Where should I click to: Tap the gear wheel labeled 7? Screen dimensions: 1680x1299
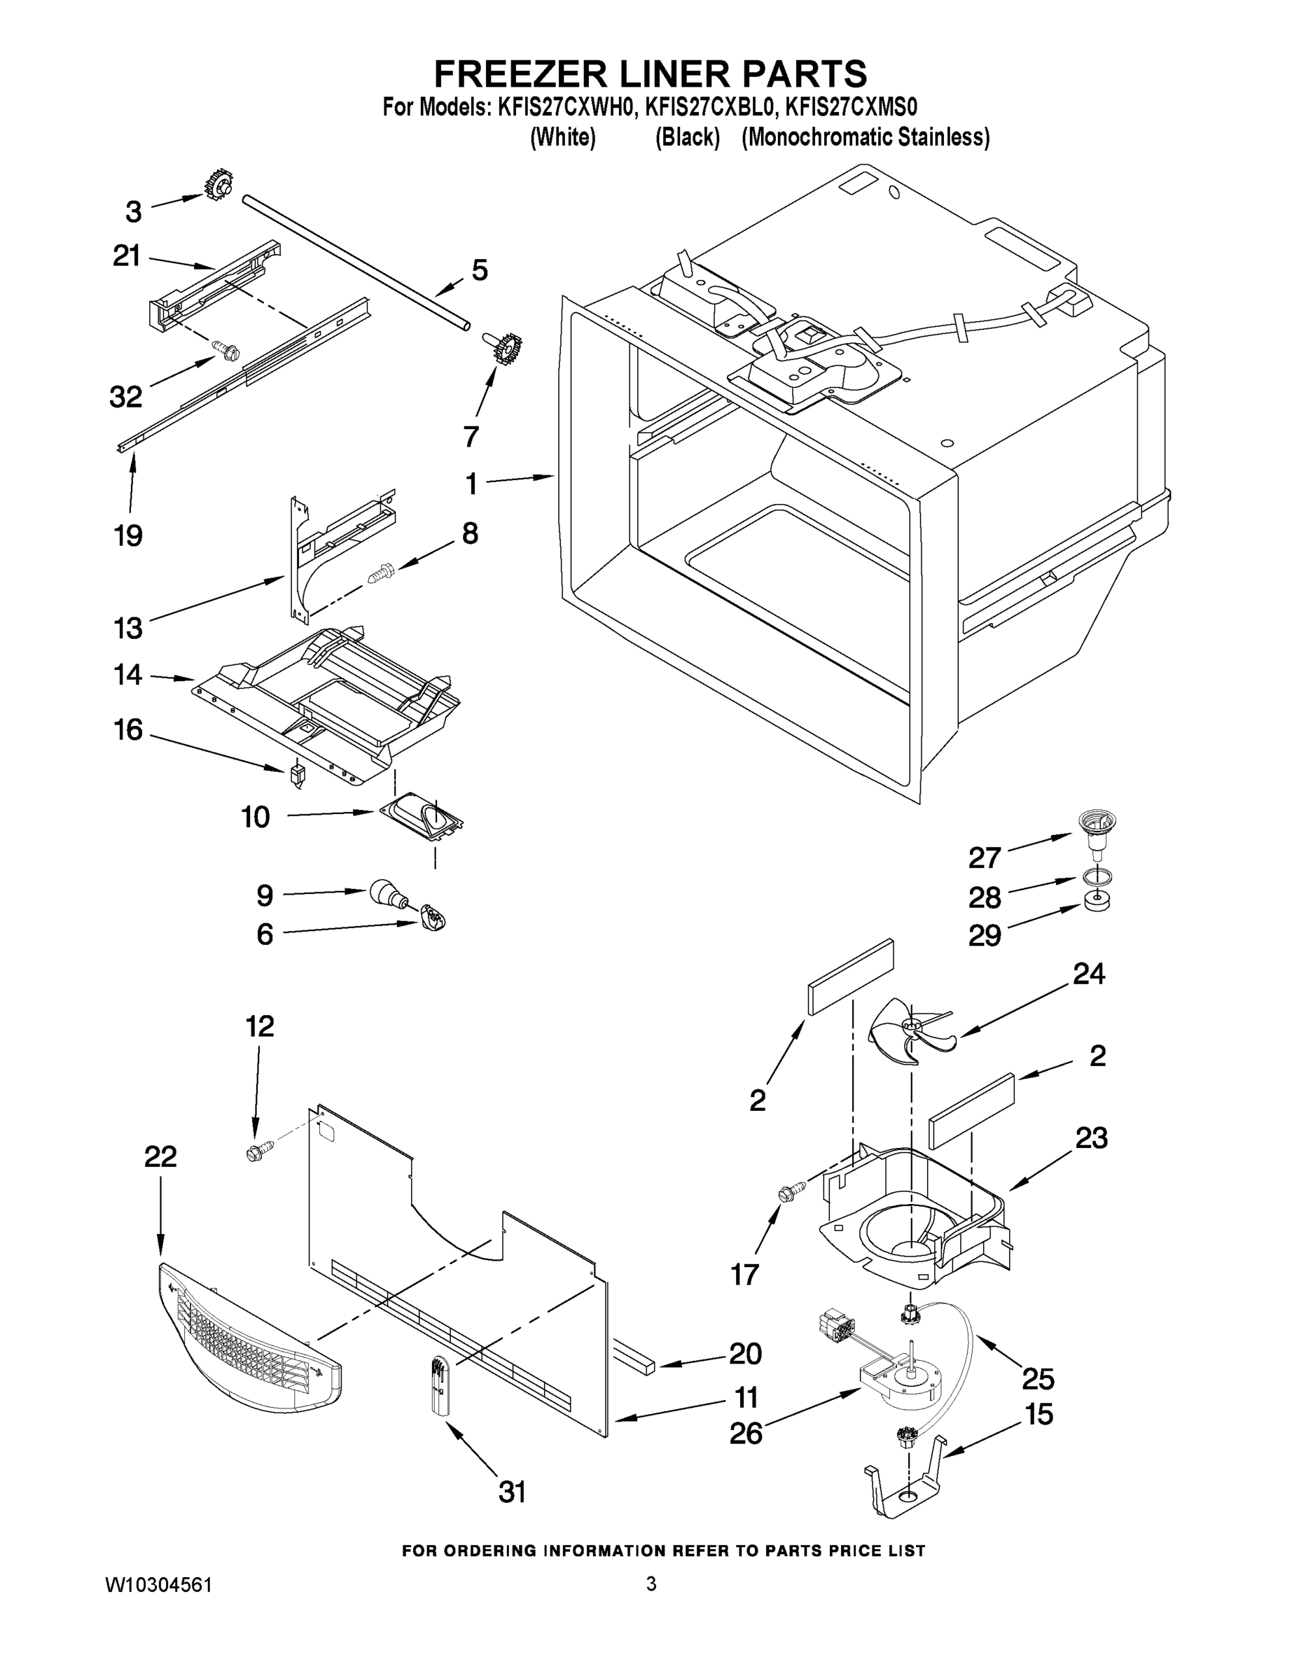(x=505, y=349)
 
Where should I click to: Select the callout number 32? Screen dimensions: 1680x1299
(x=126, y=397)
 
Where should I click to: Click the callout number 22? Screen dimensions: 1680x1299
(x=160, y=1156)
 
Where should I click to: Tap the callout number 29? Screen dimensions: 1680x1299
(x=985, y=935)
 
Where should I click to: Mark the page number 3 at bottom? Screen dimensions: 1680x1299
(x=651, y=1584)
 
